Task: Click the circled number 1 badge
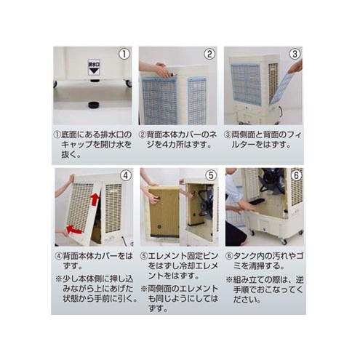(124, 55)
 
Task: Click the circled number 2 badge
(209, 55)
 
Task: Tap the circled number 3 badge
(295, 55)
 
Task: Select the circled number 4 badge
(124, 175)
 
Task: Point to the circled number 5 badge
(209, 175)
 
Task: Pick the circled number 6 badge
(295, 175)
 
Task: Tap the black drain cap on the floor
(93, 105)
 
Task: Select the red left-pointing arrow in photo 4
(73, 231)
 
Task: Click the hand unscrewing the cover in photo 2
(155, 70)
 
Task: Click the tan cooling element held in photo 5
(164, 212)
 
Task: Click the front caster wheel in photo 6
(282, 240)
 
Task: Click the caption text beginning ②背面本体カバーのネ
(177, 139)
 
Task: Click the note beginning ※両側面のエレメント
(177, 297)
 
